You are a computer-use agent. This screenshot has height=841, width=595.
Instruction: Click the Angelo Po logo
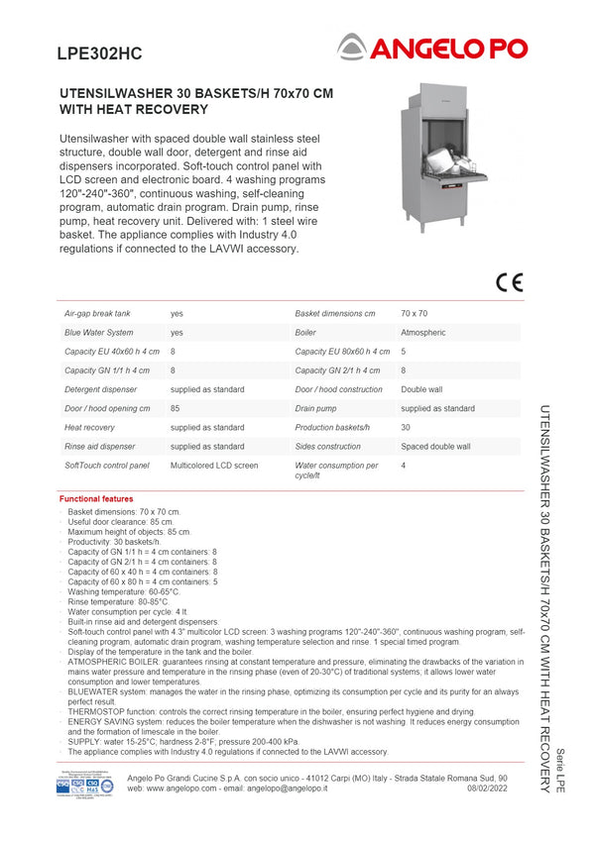coord(432,47)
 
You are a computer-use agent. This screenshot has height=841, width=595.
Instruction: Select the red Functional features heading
coord(96,499)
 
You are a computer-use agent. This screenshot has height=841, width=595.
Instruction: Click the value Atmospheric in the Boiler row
coord(423,333)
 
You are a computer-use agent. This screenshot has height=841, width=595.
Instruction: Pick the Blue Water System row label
coord(99,333)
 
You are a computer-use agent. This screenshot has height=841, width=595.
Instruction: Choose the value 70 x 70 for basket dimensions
coord(415,313)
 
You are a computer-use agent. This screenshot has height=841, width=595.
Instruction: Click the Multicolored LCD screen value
coord(214,465)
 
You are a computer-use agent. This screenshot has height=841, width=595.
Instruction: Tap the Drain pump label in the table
coord(316,408)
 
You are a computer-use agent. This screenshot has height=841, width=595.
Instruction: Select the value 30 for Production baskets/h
coord(406,427)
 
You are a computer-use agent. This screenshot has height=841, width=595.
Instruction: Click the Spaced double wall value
coord(435,447)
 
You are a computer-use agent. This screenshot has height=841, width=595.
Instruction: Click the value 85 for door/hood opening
coord(175,408)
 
